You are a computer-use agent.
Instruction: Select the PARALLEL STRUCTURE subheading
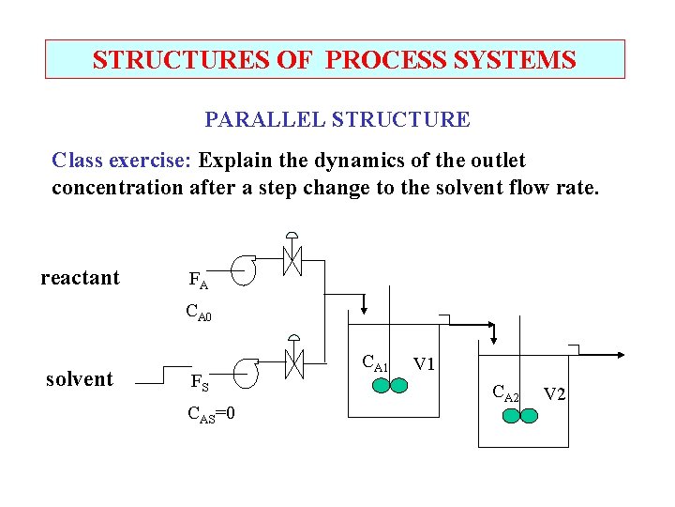337,120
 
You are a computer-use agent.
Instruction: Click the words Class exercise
121,161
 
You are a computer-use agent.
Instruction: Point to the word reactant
81,278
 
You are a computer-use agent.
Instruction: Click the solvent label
80,379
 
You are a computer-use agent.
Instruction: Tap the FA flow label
198,280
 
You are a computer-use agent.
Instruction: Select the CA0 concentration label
199,313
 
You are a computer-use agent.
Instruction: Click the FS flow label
199,382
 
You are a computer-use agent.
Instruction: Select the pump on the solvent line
245,375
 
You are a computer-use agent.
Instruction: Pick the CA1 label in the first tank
375,363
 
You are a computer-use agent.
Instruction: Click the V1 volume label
425,364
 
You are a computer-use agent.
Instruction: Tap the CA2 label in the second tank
506,394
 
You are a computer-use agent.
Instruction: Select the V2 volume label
554,393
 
